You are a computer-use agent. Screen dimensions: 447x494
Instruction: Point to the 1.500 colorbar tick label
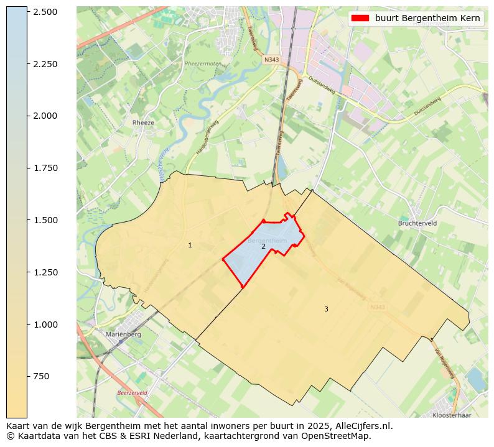pos(45,220)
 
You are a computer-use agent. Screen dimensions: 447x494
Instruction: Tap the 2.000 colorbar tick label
pos(45,116)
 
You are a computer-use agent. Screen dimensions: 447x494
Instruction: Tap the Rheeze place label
pos(143,122)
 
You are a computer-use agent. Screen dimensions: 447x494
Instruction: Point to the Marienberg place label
pos(123,334)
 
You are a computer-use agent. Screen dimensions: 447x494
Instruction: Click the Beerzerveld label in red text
pos(132,393)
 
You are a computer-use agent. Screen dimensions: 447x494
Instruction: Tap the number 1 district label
pos(190,246)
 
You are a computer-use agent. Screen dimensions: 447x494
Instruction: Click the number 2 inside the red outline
pos(263,247)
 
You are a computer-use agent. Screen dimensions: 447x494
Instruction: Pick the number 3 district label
pos(325,309)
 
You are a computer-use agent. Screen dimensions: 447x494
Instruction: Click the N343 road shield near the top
pos(271,60)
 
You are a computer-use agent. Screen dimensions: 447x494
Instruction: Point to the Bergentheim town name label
pos(267,240)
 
